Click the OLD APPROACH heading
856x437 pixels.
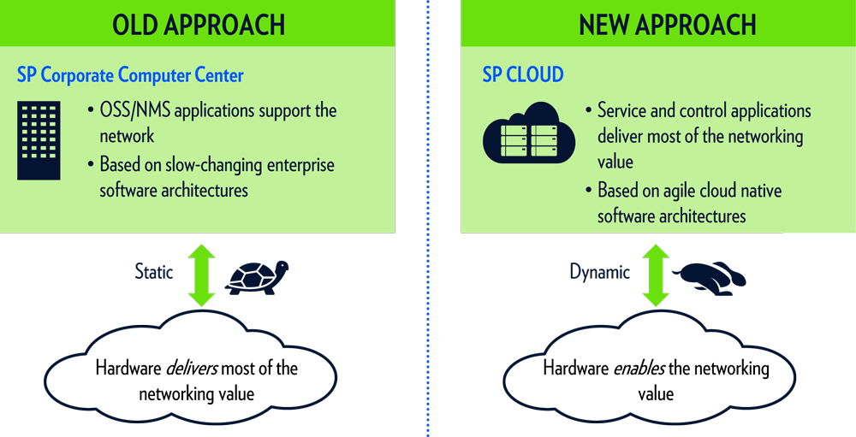click(198, 25)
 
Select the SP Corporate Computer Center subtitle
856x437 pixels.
click(130, 75)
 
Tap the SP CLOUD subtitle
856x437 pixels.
click(523, 74)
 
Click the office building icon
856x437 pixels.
click(39, 141)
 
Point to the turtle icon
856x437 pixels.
click(256, 276)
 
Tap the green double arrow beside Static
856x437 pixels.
click(202, 275)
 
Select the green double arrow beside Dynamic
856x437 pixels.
click(656, 275)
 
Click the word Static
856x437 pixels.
click(154, 272)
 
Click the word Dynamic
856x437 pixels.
click(599, 273)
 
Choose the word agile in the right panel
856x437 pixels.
click(676, 190)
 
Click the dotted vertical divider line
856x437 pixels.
click(428, 214)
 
